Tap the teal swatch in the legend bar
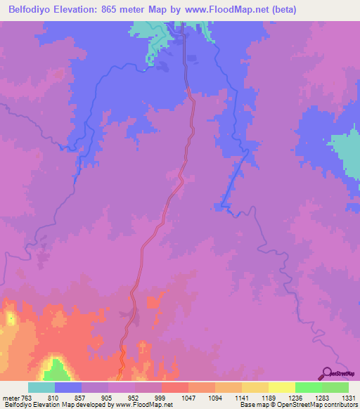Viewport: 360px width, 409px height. tap(41, 387)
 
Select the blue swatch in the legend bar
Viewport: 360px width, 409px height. tap(68, 387)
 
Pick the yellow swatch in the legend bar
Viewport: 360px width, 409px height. tap(282, 387)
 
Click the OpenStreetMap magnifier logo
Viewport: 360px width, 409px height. tap(326, 373)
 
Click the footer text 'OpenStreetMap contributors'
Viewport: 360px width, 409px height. tap(315, 405)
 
